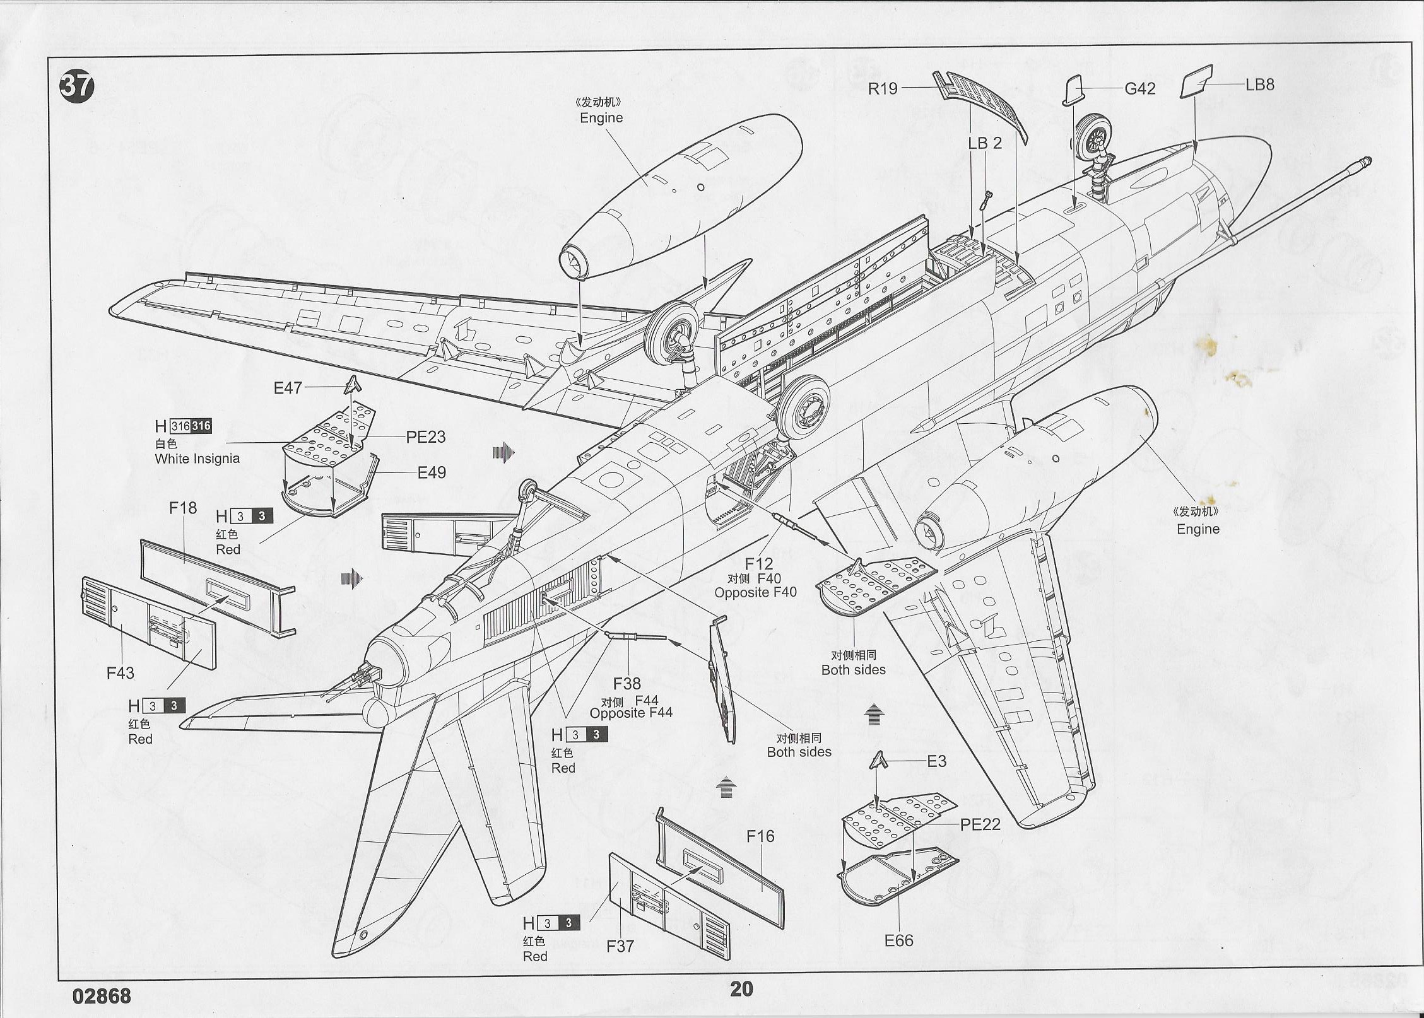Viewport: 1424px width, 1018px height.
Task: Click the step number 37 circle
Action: (76, 86)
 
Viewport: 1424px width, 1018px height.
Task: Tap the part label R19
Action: (882, 88)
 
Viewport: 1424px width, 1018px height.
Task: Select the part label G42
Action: (1139, 88)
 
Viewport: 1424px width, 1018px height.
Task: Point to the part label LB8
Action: (1259, 85)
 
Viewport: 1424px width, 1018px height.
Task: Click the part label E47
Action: (288, 388)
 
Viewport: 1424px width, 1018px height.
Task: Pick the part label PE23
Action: (425, 436)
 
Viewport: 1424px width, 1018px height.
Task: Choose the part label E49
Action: (432, 472)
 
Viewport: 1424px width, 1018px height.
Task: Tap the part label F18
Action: (183, 508)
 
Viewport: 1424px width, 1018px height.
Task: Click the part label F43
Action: (120, 673)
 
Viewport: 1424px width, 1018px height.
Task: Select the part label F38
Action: (627, 683)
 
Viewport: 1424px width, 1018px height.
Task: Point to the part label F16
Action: (760, 836)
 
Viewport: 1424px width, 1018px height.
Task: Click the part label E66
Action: (898, 940)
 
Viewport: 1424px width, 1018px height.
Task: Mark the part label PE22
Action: (980, 824)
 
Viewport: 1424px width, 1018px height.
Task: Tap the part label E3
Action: (936, 761)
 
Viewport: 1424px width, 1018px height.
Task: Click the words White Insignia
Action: (197, 459)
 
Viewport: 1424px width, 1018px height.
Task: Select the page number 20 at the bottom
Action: (741, 989)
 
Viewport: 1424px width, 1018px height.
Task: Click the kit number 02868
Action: (102, 996)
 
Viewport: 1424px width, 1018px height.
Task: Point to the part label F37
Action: (620, 945)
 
